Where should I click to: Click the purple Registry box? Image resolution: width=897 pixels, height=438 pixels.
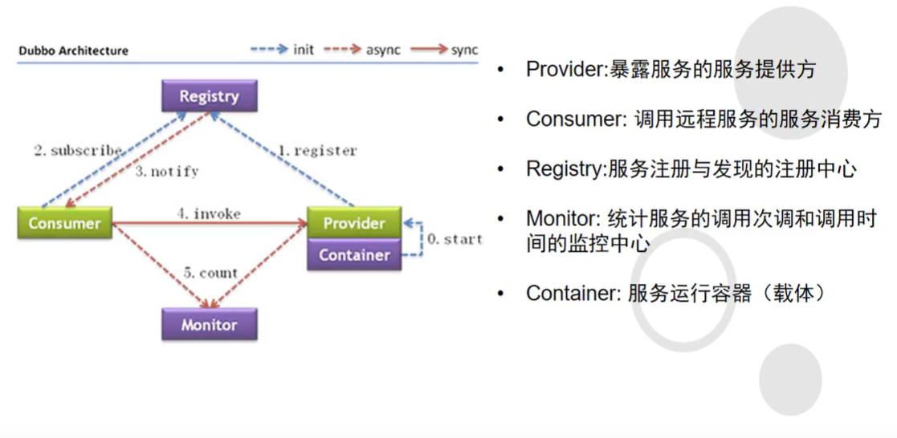210,95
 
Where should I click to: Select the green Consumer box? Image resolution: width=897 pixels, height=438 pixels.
64,223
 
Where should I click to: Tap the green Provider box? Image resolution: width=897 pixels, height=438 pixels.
354,222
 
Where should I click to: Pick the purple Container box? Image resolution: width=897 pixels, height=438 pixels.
354,254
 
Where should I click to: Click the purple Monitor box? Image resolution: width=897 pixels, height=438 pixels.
210,324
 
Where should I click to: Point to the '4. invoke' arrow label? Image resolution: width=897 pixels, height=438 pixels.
209,214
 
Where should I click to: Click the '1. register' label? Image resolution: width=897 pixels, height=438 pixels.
317,151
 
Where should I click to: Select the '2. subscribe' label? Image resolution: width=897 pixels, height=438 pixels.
79,151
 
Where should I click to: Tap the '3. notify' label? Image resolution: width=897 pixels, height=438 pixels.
167,171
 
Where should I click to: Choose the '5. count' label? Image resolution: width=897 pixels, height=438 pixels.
210,274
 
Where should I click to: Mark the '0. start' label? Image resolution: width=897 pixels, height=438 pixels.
455,239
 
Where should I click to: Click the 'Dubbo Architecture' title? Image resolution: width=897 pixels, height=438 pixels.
74,51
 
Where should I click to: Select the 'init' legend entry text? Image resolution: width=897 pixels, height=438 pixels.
304,50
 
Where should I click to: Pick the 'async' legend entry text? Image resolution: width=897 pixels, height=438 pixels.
383,51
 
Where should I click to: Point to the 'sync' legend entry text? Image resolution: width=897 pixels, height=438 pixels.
464,51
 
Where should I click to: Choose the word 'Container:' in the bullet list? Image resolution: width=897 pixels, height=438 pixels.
573,293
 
